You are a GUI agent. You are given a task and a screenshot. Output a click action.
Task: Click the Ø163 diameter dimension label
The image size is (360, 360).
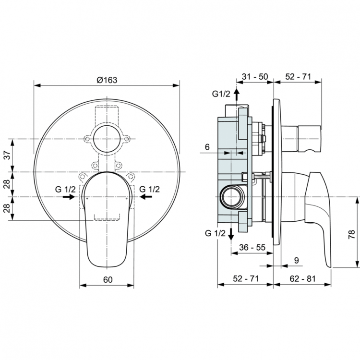(107, 80)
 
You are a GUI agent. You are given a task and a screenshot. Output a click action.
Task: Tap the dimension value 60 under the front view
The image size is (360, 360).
(108, 279)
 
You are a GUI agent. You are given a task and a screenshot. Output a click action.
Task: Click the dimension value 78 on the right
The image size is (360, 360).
(351, 234)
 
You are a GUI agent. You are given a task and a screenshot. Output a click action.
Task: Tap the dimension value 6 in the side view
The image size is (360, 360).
(207, 147)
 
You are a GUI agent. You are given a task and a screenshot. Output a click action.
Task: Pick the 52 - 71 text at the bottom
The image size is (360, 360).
(245, 279)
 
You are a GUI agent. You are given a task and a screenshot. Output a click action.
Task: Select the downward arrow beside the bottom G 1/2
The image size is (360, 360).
(231, 234)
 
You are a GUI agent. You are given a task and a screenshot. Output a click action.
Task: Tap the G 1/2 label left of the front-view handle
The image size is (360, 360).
(65, 189)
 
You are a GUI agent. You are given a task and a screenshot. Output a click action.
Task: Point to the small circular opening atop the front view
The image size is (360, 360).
(107, 140)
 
